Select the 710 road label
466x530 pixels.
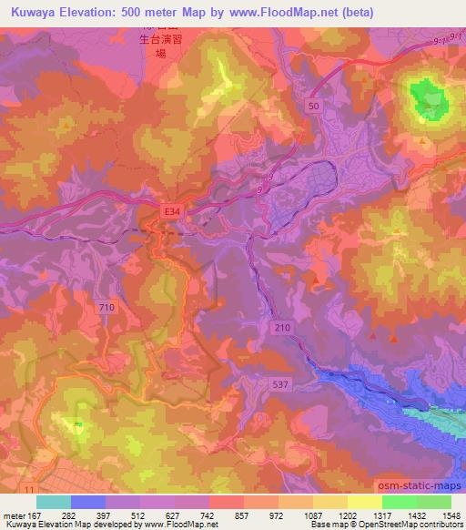point(107,308)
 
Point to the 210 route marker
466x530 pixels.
point(282,325)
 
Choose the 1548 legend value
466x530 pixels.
point(450,515)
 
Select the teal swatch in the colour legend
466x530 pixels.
point(54,502)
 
